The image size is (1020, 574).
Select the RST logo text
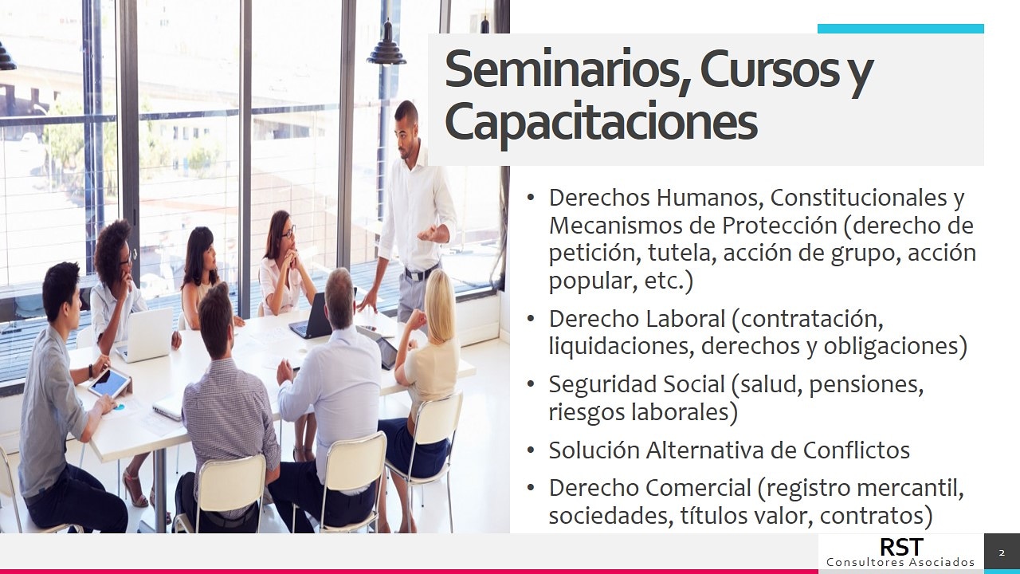pyautogui.click(x=901, y=547)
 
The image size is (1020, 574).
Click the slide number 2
pyautogui.click(x=1002, y=553)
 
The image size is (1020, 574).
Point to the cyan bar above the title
pyautogui.click(x=900, y=29)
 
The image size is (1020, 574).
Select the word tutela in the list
pyautogui.click(x=679, y=253)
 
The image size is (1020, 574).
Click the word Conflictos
pyautogui.click(x=856, y=450)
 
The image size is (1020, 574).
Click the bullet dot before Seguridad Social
pyautogui.click(x=531, y=384)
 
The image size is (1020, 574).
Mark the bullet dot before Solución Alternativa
pyautogui.click(x=531, y=450)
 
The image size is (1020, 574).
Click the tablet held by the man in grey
pyautogui.click(x=110, y=383)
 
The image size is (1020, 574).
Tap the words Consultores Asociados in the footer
pyautogui.click(x=900, y=562)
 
